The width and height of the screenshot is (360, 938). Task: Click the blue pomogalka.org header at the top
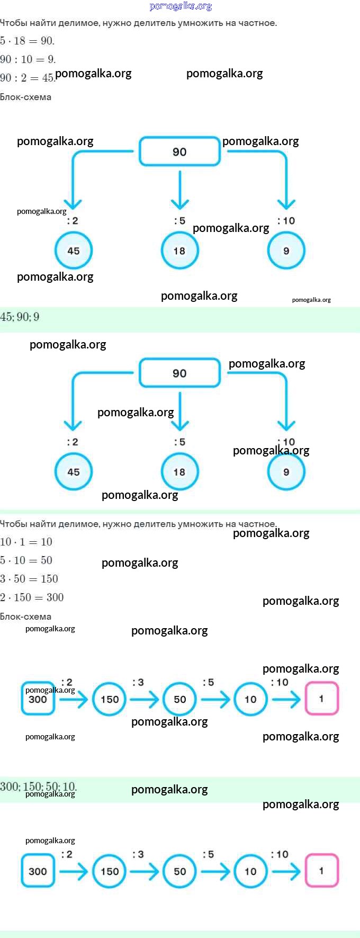click(x=181, y=6)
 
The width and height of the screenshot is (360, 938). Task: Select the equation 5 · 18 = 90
click(x=27, y=41)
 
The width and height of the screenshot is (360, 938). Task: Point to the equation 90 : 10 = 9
click(x=28, y=59)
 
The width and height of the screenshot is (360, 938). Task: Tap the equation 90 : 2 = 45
click(x=26, y=78)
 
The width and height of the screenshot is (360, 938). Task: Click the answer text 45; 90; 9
click(x=20, y=317)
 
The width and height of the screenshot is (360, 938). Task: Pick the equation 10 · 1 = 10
click(x=26, y=542)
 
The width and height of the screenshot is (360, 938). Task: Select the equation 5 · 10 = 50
click(x=26, y=560)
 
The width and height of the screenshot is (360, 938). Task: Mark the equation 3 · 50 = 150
click(x=29, y=579)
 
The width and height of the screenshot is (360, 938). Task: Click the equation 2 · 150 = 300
click(x=32, y=597)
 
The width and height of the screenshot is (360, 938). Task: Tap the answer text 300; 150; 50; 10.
click(x=38, y=787)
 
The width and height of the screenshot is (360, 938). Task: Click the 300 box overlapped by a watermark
click(x=38, y=699)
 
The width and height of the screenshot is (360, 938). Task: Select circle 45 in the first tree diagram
click(x=74, y=251)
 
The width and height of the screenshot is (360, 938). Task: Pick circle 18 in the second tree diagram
click(x=179, y=472)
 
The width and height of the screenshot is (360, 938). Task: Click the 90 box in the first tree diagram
click(x=179, y=151)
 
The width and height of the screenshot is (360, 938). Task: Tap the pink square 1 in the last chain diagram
click(x=321, y=871)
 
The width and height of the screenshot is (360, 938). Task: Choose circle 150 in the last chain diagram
click(x=110, y=871)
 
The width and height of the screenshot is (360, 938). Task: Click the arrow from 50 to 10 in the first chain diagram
click(x=215, y=699)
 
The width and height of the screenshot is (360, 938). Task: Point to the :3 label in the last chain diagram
click(x=138, y=854)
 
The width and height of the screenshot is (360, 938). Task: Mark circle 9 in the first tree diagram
click(x=286, y=251)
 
